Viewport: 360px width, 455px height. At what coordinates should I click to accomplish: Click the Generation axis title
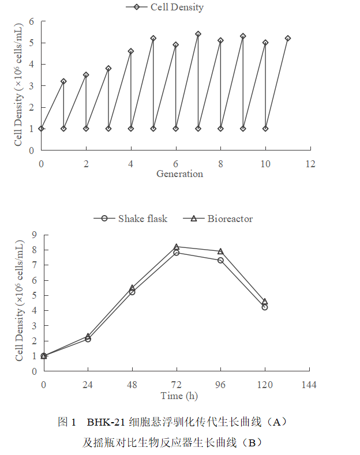179,174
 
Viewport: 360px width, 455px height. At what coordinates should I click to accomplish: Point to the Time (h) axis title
179,396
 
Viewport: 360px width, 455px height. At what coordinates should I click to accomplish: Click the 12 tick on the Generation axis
310,164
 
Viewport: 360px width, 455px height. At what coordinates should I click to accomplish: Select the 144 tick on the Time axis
309,385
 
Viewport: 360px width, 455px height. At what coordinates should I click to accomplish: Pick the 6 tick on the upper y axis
32,22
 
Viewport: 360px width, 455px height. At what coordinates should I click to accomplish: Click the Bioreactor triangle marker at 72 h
177,246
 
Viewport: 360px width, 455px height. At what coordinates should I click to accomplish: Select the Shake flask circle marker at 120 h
265,307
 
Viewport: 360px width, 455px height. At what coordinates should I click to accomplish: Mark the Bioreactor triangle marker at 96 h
220,251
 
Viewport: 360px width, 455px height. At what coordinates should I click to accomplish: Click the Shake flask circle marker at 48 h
132,292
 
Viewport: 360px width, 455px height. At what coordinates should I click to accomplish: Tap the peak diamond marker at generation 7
198,34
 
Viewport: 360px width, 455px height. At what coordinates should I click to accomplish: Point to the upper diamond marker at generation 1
63,81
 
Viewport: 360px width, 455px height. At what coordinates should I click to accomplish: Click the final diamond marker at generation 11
288,38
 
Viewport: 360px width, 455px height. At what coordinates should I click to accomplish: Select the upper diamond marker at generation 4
131,51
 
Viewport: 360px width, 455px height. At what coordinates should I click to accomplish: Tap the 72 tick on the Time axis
177,385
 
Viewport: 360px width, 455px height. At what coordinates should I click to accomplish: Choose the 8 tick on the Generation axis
220,164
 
